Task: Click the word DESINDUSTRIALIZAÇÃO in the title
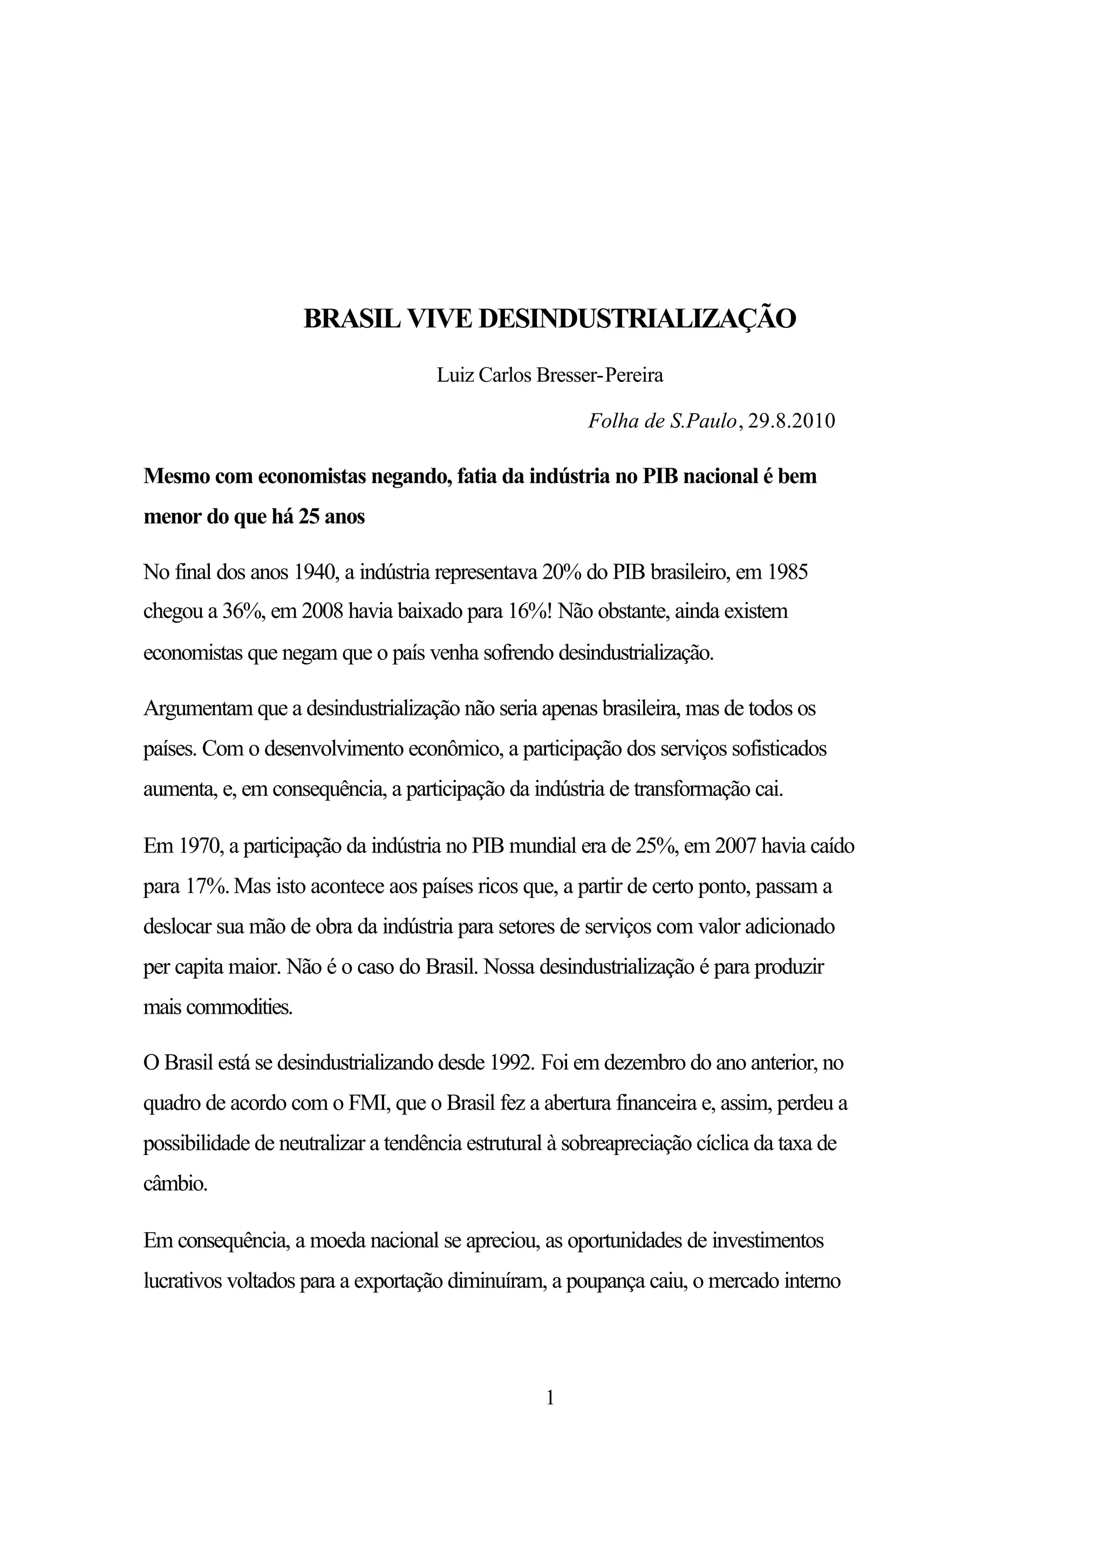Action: [638, 319]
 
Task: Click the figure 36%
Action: [242, 612]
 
